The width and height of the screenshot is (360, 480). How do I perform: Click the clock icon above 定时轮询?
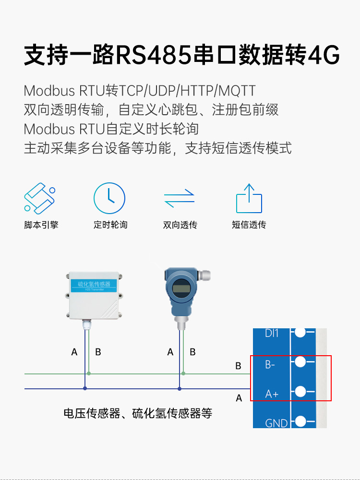click(x=109, y=198)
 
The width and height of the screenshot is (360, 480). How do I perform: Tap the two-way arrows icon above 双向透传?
click(x=179, y=198)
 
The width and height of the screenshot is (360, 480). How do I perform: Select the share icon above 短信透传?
click(x=249, y=198)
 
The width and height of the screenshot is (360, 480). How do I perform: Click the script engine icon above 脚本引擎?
click(x=39, y=198)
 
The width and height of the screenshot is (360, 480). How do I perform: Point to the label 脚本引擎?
click(x=41, y=225)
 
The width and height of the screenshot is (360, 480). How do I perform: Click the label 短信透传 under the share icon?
click(x=249, y=225)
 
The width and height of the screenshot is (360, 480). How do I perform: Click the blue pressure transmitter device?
click(x=181, y=293)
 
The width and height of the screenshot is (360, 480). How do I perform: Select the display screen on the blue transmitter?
click(x=181, y=288)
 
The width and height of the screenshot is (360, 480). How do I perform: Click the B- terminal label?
click(x=270, y=365)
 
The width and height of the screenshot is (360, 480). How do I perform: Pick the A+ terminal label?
click(x=272, y=394)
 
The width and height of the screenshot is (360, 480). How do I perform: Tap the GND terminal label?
click(x=276, y=423)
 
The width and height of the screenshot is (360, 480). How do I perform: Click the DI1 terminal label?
click(x=272, y=333)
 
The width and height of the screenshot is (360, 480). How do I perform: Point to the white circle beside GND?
click(x=301, y=421)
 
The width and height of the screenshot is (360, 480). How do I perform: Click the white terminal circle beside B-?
click(x=300, y=361)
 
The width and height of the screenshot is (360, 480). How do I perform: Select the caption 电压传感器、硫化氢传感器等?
click(x=138, y=413)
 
